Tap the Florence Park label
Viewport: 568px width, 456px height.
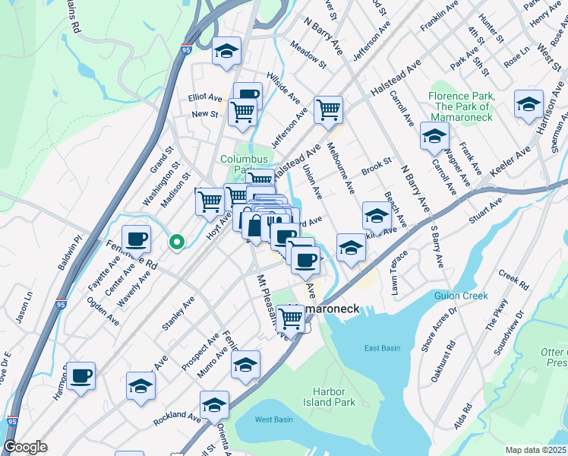click(462, 106)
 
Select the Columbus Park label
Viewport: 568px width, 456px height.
click(245, 163)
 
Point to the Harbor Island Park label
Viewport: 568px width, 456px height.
click(334, 396)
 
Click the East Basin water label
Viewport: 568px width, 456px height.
click(381, 348)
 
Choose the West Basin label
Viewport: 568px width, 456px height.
click(274, 420)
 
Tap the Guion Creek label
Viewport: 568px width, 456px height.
click(456, 296)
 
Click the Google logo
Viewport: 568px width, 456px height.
click(25, 447)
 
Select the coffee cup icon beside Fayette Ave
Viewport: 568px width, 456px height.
click(137, 239)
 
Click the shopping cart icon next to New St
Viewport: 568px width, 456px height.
click(243, 112)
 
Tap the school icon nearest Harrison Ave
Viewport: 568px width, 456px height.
click(529, 104)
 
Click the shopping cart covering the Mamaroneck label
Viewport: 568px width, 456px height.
click(290, 319)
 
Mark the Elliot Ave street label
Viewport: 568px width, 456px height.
click(205, 98)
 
